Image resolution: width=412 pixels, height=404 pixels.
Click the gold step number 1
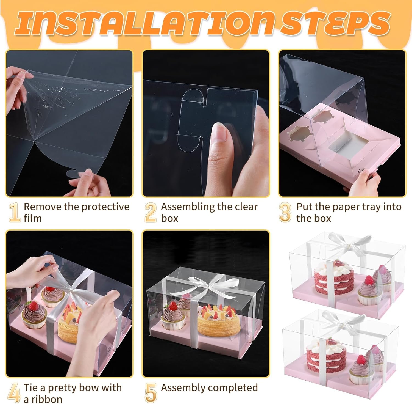coord(14,212)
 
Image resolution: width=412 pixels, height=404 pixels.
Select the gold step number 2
coord(151,212)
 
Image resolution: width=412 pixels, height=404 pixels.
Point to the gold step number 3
coord(285,212)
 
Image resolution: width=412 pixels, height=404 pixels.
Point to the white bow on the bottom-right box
coord(341,320)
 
